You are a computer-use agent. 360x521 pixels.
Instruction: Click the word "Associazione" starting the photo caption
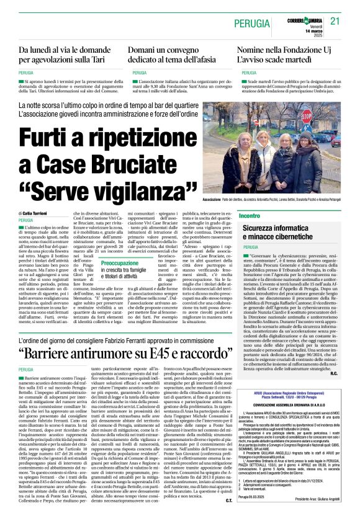pos(230,200)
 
